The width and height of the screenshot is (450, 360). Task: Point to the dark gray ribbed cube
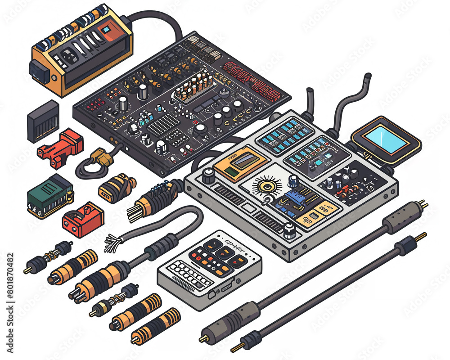point(43,121)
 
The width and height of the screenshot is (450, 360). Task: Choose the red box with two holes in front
point(83,219)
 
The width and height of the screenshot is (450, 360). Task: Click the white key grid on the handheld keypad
point(189,275)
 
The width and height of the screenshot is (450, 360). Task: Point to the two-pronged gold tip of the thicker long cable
point(423,204)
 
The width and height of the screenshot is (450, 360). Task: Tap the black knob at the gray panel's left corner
point(208,176)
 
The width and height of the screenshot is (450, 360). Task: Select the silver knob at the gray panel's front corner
point(290,230)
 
